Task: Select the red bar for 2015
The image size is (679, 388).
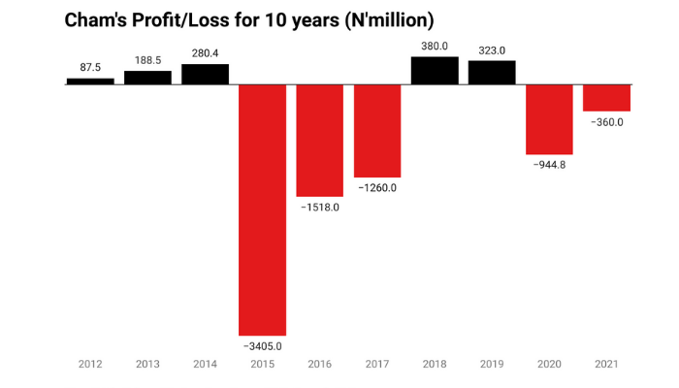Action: (x=263, y=210)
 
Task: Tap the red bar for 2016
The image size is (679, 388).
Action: (x=320, y=140)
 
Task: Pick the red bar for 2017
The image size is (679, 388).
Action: (x=377, y=130)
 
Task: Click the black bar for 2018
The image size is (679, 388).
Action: (x=435, y=71)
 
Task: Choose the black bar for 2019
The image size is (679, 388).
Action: (x=492, y=73)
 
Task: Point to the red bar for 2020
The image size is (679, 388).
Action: (x=549, y=118)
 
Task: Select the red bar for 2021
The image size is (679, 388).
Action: (x=606, y=97)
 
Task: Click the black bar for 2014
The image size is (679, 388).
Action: (x=206, y=74)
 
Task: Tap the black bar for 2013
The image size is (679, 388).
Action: (x=147, y=78)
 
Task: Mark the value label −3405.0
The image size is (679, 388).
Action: (x=263, y=345)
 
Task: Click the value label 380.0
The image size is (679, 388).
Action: (x=435, y=46)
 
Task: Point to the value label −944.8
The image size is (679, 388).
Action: (x=549, y=165)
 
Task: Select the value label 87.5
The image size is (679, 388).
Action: (x=90, y=68)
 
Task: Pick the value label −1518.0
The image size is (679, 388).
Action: (x=320, y=208)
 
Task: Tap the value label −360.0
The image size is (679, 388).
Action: (x=606, y=122)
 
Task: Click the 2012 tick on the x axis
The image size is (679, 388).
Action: (x=90, y=366)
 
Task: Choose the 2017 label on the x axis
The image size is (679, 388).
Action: (x=377, y=366)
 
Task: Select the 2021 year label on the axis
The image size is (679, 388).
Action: (x=606, y=366)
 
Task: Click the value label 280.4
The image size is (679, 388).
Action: (x=206, y=53)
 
